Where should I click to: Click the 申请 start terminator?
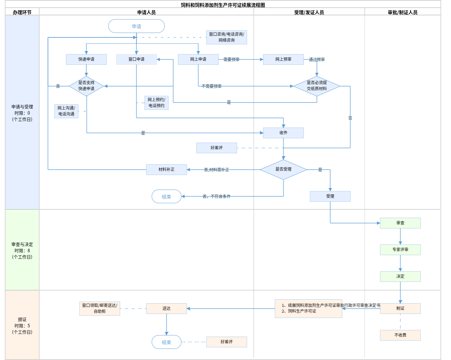coord(136,26)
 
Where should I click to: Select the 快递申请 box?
coord(86,59)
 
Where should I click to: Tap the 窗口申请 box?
coord(136,59)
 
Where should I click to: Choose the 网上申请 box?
coord(198,59)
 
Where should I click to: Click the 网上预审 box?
coord(283,59)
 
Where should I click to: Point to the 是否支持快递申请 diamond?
coord(86,86)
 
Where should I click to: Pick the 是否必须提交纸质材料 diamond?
coord(317,86)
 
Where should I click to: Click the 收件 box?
coord(283,133)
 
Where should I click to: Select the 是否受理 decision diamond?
coord(283,169)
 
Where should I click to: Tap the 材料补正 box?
coord(166,170)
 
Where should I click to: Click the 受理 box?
coord(330,196)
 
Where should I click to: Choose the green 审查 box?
coord(400,223)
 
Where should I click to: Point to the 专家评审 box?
coord(400,250)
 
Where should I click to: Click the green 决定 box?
coord(400,277)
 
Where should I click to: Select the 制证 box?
coord(400,309)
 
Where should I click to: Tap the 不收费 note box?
coord(400,335)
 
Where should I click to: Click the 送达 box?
coord(166,309)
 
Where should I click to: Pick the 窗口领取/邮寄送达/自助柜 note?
coord(100,309)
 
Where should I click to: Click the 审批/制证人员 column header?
coord(403,12)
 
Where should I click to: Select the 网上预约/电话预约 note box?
coord(156,103)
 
